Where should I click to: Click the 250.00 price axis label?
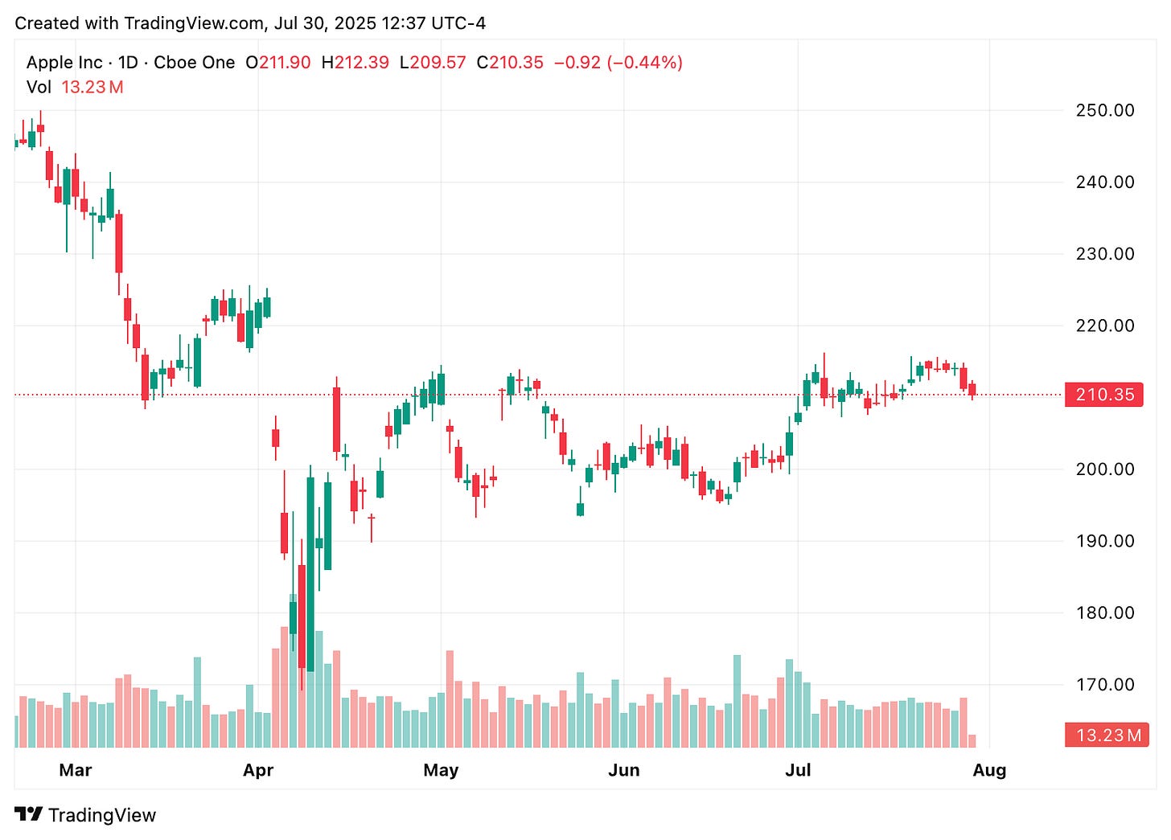click(1104, 110)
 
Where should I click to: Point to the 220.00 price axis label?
click(1104, 326)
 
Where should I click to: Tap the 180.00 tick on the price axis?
click(1104, 613)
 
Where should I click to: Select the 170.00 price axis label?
click(1104, 685)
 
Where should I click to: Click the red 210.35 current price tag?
click(1104, 395)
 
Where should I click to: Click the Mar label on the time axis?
click(76, 770)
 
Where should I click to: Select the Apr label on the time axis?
click(258, 770)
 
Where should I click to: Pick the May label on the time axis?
click(441, 770)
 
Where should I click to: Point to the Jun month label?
click(623, 770)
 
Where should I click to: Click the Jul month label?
click(798, 770)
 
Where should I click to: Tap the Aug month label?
click(989, 770)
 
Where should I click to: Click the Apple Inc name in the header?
click(64, 63)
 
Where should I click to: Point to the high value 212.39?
click(361, 63)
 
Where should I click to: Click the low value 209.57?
click(438, 63)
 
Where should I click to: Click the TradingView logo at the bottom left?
click(85, 815)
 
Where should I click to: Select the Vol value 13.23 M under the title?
click(92, 87)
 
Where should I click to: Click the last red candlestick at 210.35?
click(972, 390)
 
